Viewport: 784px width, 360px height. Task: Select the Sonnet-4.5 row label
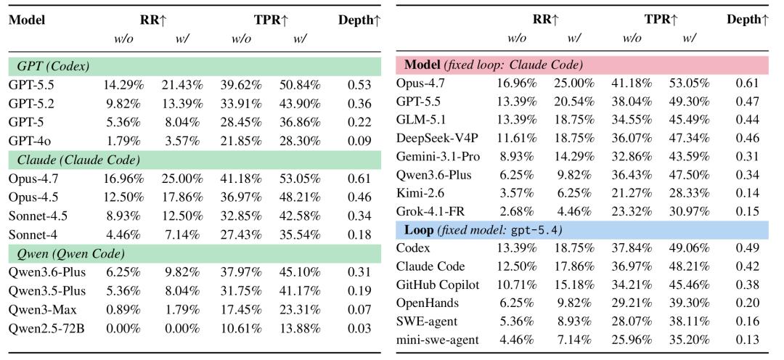tap(38, 216)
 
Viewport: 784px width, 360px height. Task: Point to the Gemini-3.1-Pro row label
tap(438, 157)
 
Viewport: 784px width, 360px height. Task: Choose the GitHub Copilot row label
tap(438, 285)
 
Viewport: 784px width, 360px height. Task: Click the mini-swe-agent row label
tap(438, 340)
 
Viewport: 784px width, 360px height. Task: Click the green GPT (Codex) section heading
tap(54, 66)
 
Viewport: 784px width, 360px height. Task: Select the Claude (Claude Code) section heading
tap(78, 160)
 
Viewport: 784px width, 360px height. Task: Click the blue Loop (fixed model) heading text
tap(480, 230)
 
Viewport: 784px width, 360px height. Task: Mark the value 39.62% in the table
tap(242, 85)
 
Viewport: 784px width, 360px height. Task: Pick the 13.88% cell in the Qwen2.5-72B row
tap(300, 329)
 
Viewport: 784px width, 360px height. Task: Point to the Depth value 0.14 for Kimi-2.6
tap(748, 194)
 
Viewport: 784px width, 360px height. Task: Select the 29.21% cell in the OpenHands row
tap(632, 303)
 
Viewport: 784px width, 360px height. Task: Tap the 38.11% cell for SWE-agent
tap(689, 322)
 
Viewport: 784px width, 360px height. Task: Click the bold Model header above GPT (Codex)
tap(27, 20)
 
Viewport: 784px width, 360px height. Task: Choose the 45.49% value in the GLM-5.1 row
tap(689, 120)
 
